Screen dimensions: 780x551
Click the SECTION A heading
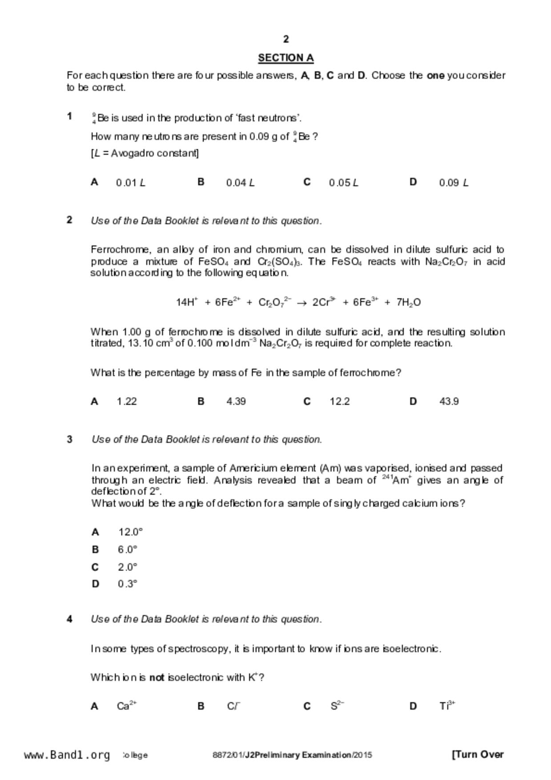coord(286,58)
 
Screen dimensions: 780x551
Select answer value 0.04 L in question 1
coord(240,183)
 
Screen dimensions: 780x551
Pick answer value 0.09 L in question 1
coord(453,183)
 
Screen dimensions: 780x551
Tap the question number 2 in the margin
coord(69,220)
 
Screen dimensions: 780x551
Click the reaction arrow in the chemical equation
coord(302,303)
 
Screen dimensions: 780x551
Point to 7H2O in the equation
coord(408,303)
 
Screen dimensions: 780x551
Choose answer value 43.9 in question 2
coord(449,402)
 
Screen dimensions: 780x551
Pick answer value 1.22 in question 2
coord(127,402)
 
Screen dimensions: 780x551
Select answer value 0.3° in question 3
coord(128,584)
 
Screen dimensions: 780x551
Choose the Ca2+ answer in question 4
coord(127,706)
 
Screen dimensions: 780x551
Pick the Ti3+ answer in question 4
coord(447,706)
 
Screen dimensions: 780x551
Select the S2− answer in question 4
coord(337,706)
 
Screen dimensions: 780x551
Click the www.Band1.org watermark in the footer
coord(67,755)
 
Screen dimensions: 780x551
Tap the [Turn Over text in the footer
coord(478,755)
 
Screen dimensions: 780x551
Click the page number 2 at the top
coord(286,40)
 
